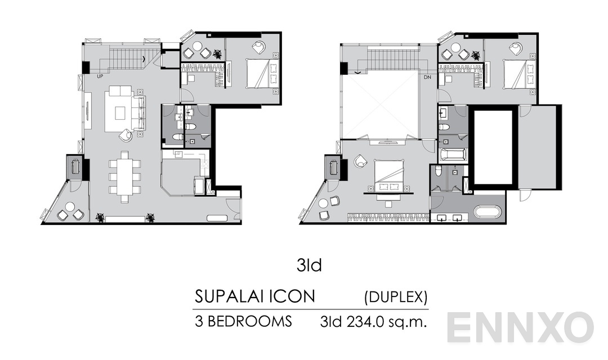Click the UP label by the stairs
100,75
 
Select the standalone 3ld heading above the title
309,265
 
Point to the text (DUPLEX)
396,296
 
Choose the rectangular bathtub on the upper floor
453,155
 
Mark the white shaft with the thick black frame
493,147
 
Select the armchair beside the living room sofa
126,135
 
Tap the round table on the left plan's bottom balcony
70,207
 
